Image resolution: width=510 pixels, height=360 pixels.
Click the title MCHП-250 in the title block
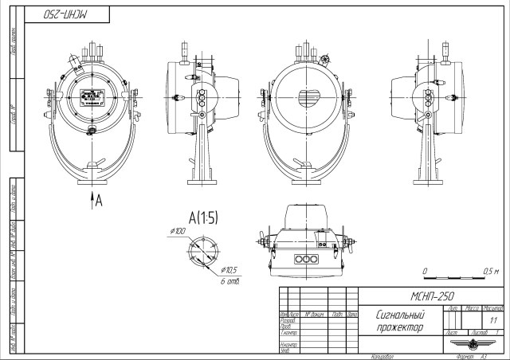click(x=432, y=295)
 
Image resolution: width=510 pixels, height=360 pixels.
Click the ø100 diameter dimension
click(x=177, y=231)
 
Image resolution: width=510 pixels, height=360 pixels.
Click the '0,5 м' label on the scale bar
click(x=491, y=272)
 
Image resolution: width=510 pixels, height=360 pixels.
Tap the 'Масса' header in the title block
click(x=480, y=307)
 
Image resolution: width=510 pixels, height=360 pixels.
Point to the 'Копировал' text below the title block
click(x=382, y=357)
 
